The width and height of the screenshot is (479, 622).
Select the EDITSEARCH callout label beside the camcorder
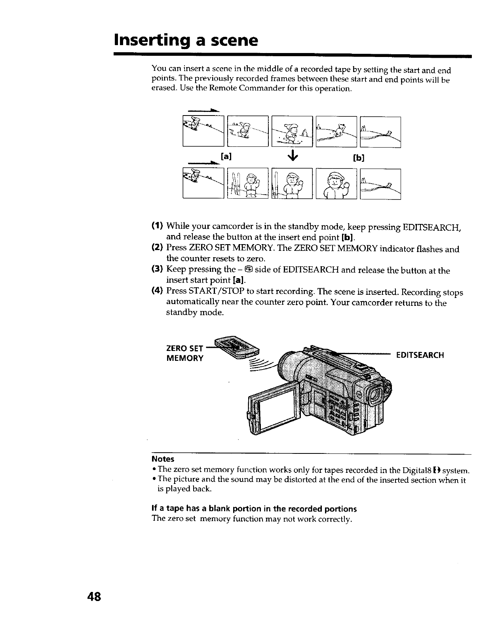pyautogui.click(x=420, y=355)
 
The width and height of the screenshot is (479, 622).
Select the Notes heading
pyautogui.click(x=163, y=459)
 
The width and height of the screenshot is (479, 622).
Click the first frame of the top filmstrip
pyautogui.click(x=203, y=131)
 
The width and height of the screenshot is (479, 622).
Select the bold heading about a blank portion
pyautogui.click(x=254, y=508)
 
